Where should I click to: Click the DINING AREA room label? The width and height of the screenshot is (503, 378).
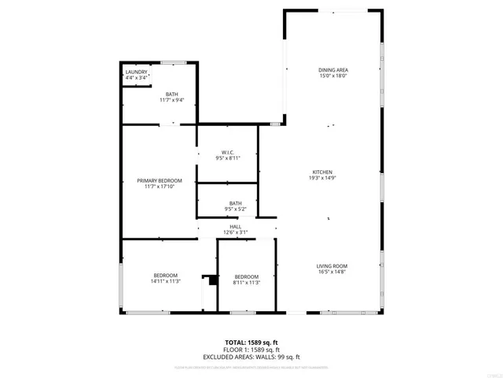click(x=333, y=70)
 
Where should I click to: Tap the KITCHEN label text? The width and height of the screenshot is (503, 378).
click(x=323, y=172)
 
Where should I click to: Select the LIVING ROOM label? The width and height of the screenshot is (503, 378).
click(x=332, y=266)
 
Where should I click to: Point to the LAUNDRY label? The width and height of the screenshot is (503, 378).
click(x=136, y=72)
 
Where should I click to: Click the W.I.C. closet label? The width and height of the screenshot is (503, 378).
click(x=227, y=152)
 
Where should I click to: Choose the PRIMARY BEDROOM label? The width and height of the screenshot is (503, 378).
click(x=159, y=180)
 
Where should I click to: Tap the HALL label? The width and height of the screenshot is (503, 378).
click(x=236, y=226)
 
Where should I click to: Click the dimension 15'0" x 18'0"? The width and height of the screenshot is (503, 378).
click(x=333, y=76)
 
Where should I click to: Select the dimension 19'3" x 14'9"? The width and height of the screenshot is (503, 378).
click(x=323, y=179)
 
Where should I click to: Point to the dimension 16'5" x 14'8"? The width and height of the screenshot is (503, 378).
click(x=332, y=272)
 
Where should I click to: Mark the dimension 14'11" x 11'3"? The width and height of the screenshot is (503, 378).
click(x=166, y=281)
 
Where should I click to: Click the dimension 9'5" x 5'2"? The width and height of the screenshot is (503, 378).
click(x=236, y=209)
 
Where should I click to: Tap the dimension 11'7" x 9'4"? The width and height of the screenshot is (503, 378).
click(x=171, y=100)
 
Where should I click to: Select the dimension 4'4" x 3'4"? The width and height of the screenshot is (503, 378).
click(x=137, y=79)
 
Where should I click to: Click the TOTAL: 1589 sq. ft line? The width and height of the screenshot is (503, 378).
click(x=252, y=343)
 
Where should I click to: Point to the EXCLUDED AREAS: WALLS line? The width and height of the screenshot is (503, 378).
click(x=252, y=357)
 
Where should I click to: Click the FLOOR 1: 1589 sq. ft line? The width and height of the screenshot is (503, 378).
click(x=252, y=350)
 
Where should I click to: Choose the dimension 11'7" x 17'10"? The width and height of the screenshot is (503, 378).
click(x=159, y=187)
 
